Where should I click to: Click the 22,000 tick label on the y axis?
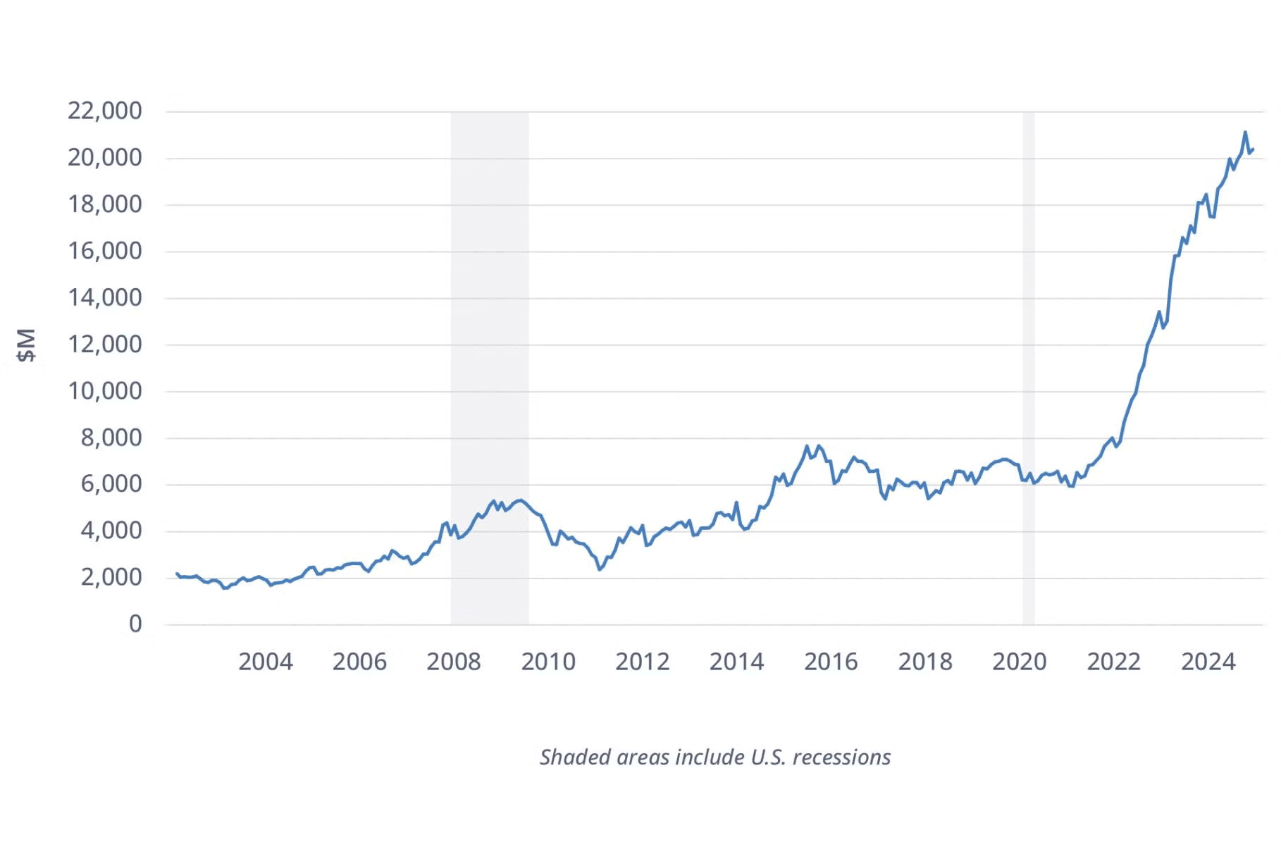click(104, 111)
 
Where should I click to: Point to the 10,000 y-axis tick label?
click(104, 390)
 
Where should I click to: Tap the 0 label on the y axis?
click(135, 624)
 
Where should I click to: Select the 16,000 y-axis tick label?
click(104, 251)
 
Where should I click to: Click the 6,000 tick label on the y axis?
click(111, 484)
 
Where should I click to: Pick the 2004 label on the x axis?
click(265, 662)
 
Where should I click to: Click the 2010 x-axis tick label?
click(548, 662)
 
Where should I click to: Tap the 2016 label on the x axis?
click(831, 662)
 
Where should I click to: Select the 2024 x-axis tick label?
click(1208, 662)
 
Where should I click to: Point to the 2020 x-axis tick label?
click(1019, 662)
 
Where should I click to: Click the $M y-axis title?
click(26, 345)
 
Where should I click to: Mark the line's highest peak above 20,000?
click(1245, 132)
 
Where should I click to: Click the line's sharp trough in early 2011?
click(600, 569)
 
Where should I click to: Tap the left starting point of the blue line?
click(177, 574)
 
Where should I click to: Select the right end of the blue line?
click(1253, 149)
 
